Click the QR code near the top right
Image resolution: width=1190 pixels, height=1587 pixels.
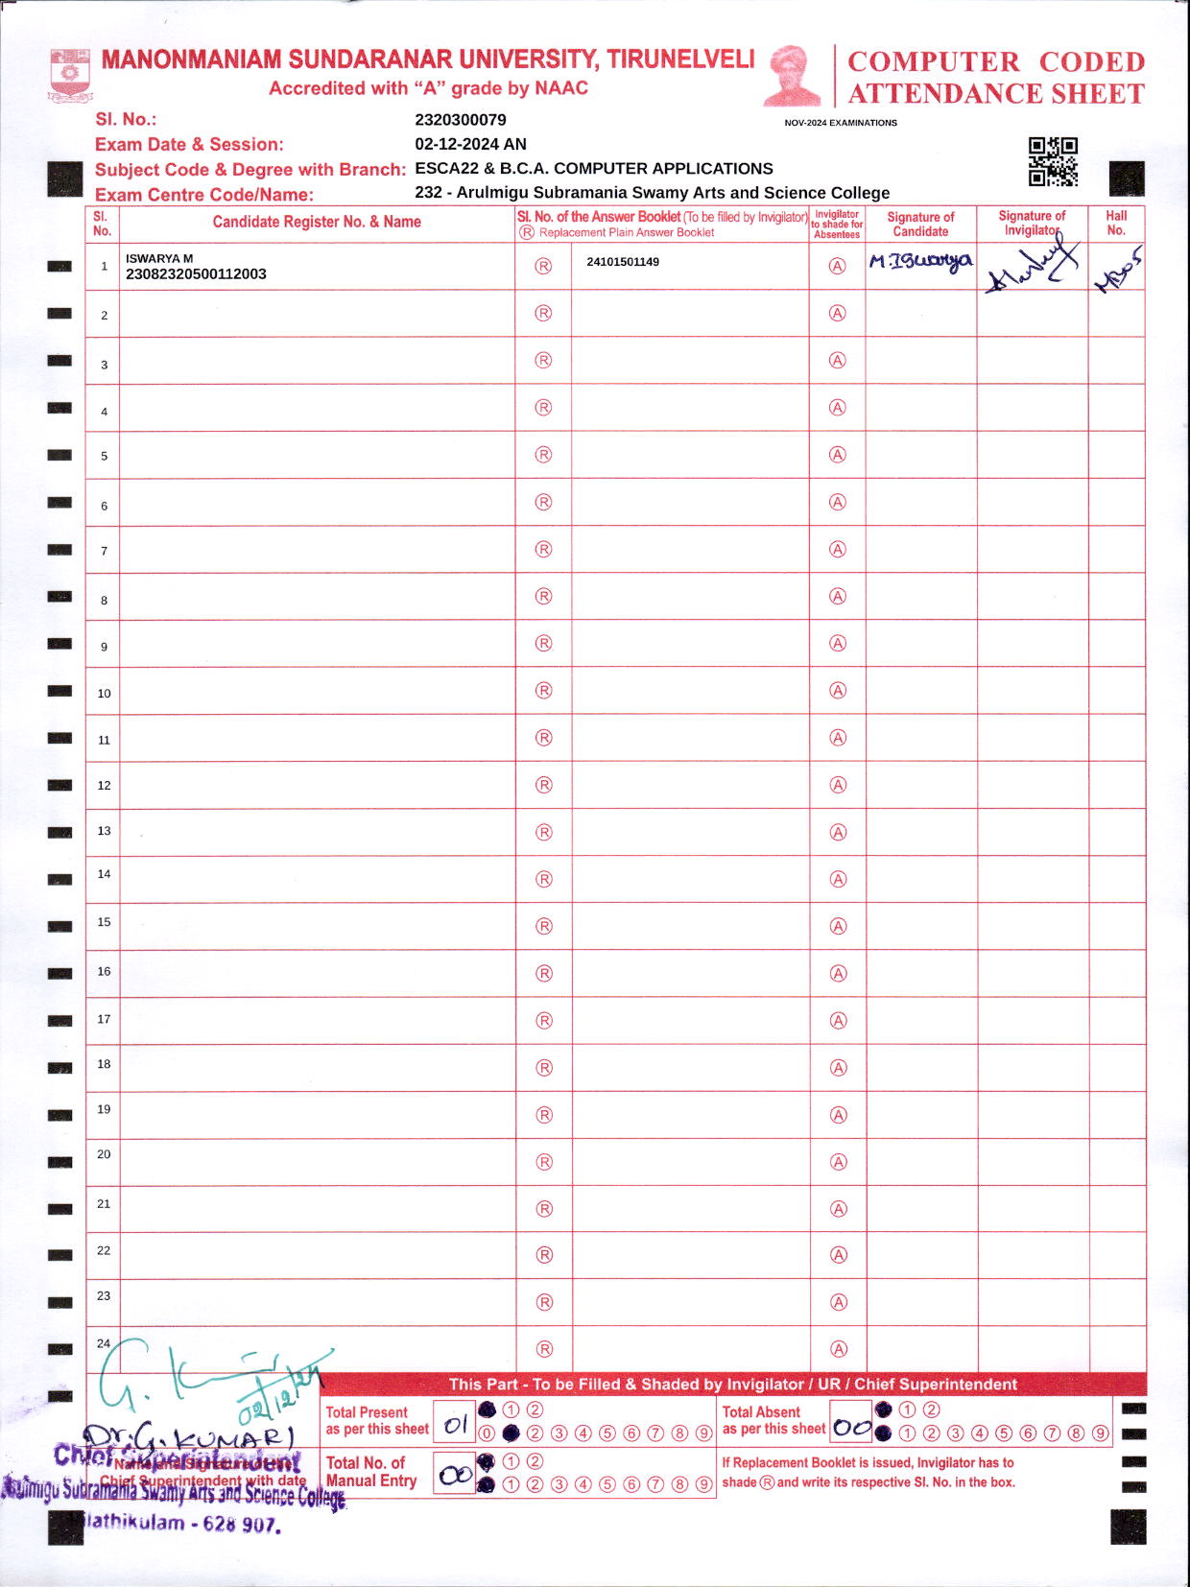point(1053,161)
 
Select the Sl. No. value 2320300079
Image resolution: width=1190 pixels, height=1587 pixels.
point(461,120)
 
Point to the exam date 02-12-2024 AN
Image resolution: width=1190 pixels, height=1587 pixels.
point(470,144)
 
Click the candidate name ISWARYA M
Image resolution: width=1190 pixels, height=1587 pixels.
point(159,258)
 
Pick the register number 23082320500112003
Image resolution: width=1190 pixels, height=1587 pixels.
point(196,274)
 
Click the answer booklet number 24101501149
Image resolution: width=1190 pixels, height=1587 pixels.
point(623,262)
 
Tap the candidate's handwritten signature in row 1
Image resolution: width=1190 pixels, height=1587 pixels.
point(920,262)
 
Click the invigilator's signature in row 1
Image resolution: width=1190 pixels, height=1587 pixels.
point(1032,267)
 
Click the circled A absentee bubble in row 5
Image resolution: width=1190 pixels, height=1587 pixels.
point(838,455)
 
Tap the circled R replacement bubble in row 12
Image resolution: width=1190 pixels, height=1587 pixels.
point(544,785)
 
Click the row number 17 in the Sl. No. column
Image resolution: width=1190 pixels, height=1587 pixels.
point(104,1019)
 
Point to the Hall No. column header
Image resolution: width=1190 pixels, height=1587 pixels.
point(1116,223)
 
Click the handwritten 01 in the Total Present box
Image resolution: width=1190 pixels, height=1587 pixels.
point(455,1425)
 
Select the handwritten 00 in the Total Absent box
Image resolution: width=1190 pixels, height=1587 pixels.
point(852,1428)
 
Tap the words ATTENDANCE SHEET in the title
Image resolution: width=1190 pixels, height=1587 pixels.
point(996,94)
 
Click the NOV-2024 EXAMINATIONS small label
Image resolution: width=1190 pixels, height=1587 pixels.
point(841,123)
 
